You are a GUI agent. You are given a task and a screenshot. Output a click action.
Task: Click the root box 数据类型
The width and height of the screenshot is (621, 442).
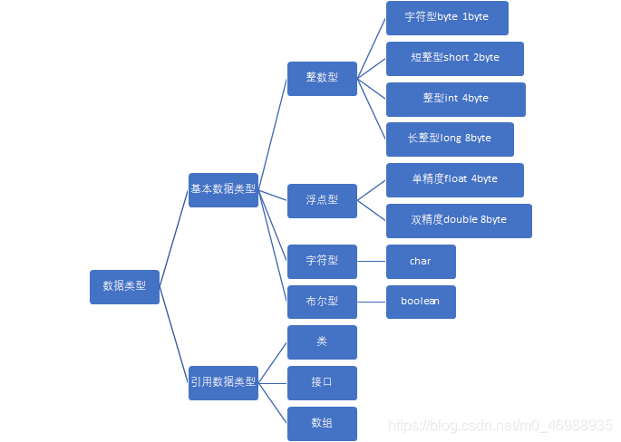125,286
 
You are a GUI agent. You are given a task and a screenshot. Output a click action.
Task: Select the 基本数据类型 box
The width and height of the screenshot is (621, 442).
223,189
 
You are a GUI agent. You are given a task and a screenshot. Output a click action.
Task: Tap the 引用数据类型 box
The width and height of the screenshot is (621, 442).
223,382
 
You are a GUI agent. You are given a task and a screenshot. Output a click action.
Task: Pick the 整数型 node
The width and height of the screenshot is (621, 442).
322,78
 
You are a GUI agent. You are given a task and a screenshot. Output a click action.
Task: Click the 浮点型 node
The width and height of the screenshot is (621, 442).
322,200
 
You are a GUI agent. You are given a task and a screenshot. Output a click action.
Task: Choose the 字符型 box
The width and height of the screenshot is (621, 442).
322,261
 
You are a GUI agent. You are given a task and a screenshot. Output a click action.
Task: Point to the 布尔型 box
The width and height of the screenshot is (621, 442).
322,302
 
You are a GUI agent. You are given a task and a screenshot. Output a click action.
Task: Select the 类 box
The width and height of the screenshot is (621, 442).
322,342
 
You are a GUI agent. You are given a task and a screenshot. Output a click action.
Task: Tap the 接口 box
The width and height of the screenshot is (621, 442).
322,383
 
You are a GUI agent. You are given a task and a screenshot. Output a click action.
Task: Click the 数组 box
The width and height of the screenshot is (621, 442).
322,423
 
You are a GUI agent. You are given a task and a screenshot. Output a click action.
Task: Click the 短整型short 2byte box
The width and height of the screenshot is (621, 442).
454,58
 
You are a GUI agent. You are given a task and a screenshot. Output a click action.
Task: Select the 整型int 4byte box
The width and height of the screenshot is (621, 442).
455,99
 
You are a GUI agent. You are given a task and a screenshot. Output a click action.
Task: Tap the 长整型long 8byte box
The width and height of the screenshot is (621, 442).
450,139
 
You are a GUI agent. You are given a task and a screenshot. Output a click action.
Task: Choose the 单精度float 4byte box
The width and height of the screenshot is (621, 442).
454,179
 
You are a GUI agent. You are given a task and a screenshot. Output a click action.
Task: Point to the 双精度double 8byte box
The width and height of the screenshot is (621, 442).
459,220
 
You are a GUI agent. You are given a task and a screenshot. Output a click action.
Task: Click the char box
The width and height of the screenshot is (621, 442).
421,261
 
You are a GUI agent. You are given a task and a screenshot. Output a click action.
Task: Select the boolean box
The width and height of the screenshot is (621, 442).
421,302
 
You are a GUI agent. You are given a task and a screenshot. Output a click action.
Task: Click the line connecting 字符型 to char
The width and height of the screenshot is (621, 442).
372,261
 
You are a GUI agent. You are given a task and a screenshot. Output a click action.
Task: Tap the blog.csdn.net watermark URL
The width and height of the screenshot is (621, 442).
500,426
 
